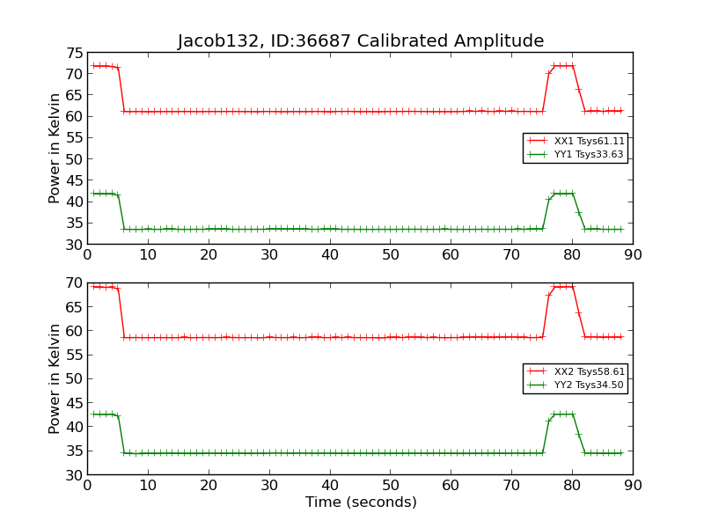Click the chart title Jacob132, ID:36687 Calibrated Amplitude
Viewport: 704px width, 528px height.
(x=361, y=41)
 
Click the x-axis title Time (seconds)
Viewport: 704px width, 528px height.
(x=361, y=502)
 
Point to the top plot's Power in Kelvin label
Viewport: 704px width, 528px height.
(x=55, y=148)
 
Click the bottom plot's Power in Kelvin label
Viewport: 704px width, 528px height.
(x=55, y=378)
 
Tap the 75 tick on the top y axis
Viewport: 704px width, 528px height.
(x=74, y=53)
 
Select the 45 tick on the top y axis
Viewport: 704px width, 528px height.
(x=74, y=180)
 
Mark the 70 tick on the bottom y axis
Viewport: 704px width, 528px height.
(x=74, y=283)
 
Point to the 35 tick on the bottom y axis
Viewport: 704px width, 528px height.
(x=74, y=451)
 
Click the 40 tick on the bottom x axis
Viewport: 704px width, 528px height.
(x=330, y=485)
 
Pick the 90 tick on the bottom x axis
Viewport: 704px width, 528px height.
(x=633, y=485)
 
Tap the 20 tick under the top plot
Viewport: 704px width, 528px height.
(x=209, y=255)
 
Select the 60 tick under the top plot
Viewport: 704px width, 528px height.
(x=451, y=255)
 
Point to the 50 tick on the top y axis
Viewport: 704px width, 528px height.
(x=74, y=159)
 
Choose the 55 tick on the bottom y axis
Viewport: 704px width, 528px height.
(x=74, y=356)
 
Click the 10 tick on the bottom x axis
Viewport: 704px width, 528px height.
(x=148, y=485)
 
